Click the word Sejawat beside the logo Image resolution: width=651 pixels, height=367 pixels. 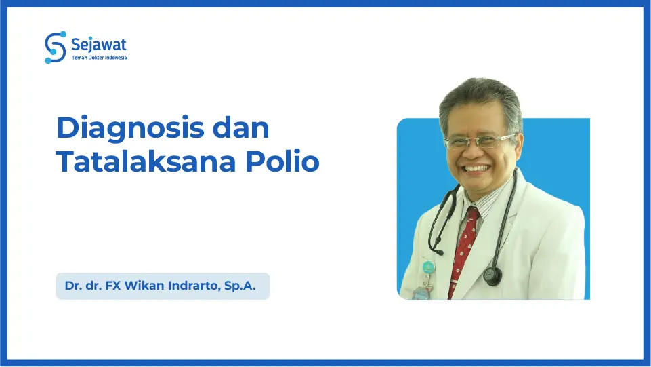[x=99, y=45]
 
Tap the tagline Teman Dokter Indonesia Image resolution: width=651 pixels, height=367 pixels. [x=99, y=58]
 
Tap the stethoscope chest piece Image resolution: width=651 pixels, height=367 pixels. [x=492, y=275]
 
